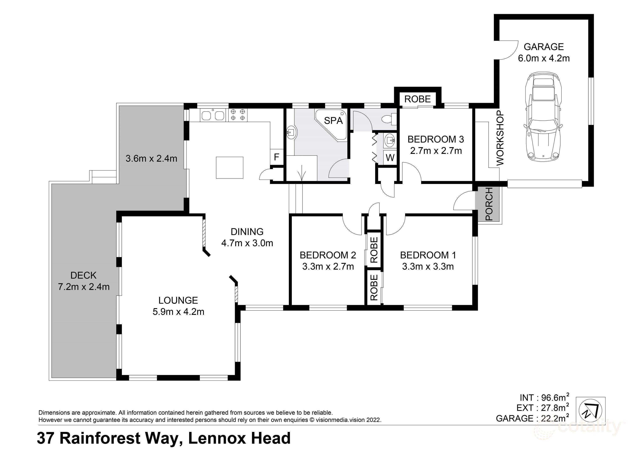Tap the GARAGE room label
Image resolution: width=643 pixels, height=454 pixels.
click(543, 47)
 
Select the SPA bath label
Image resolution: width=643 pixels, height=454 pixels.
click(333, 121)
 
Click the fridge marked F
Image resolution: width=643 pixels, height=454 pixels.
click(276, 157)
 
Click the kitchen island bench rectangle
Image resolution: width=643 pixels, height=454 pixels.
click(229, 167)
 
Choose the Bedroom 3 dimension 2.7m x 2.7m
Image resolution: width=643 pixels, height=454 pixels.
click(436, 151)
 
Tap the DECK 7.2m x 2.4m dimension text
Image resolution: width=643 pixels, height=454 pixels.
click(84, 287)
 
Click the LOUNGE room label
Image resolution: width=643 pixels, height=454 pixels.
click(178, 300)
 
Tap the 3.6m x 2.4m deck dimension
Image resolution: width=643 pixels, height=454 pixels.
click(151, 159)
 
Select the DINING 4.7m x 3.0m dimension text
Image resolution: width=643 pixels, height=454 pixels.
click(247, 243)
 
